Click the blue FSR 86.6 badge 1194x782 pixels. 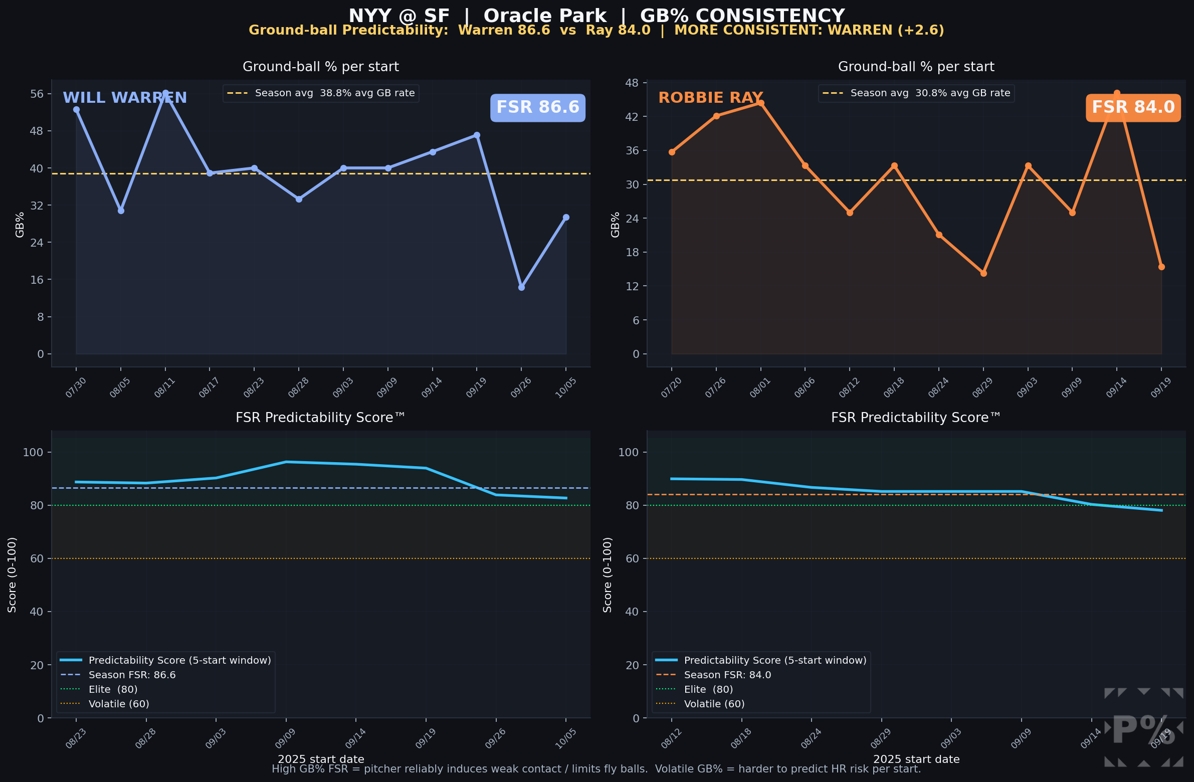pos(537,107)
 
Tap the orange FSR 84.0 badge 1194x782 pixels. pos(1133,107)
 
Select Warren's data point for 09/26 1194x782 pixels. pos(521,287)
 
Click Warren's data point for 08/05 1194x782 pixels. pos(121,211)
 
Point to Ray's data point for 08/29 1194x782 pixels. pos(983,273)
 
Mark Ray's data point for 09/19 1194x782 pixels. pos(1161,267)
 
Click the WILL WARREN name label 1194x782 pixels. pos(124,97)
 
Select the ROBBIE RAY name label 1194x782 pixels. pos(710,97)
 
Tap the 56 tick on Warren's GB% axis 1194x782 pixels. pos(37,94)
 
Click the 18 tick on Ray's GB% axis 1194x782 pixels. pos(633,252)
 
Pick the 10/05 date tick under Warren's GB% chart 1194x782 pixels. pos(565,387)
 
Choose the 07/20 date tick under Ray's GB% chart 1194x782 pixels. pos(671,387)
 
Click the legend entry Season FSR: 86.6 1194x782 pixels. pos(132,675)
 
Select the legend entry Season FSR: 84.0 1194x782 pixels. pos(727,675)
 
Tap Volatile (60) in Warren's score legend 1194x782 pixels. pos(119,704)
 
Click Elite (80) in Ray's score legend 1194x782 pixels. pos(708,689)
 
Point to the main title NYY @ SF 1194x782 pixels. pos(399,16)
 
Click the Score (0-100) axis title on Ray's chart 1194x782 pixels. pos(607,574)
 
